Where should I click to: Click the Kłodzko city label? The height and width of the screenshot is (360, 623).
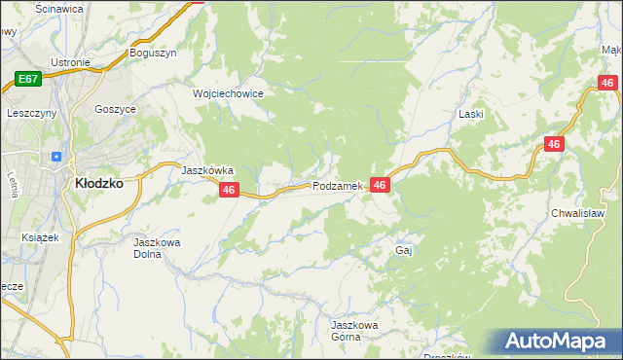click(x=99, y=182)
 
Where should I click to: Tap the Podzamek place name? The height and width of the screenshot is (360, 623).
click(x=338, y=185)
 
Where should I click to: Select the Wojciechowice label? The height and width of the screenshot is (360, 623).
click(x=228, y=93)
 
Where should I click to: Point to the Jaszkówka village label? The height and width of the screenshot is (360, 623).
click(x=207, y=168)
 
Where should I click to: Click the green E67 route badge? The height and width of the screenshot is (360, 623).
click(x=27, y=78)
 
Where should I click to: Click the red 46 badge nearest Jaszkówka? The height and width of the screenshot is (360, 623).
click(x=229, y=191)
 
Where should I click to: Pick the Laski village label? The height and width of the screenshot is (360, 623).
click(x=471, y=114)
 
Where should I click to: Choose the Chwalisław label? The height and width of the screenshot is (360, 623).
click(x=578, y=212)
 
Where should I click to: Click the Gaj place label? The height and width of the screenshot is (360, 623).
click(x=405, y=250)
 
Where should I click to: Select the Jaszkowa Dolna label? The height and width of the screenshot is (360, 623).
click(x=157, y=248)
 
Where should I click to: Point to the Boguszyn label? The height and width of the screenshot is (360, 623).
click(x=153, y=54)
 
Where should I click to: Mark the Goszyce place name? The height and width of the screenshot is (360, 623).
click(x=115, y=110)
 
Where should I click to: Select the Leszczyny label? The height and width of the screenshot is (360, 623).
click(x=32, y=113)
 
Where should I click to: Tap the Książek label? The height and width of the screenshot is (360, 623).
click(x=40, y=236)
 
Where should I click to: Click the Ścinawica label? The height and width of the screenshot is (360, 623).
click(x=58, y=8)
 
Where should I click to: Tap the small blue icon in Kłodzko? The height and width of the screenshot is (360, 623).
click(x=56, y=156)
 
